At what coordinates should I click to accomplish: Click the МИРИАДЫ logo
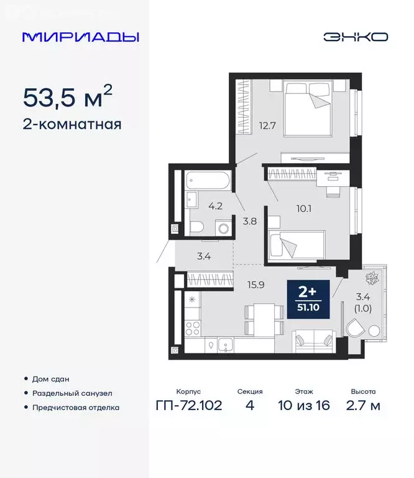pos(81,37)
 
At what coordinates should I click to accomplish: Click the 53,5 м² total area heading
pos(68,97)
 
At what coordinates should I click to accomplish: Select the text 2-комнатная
pos(71,124)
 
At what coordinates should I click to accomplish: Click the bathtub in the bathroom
pos(207,181)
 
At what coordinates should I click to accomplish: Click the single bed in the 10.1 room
pos(296,245)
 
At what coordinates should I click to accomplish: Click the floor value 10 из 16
pos(305,406)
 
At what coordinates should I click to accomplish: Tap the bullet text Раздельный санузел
pos(72,393)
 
